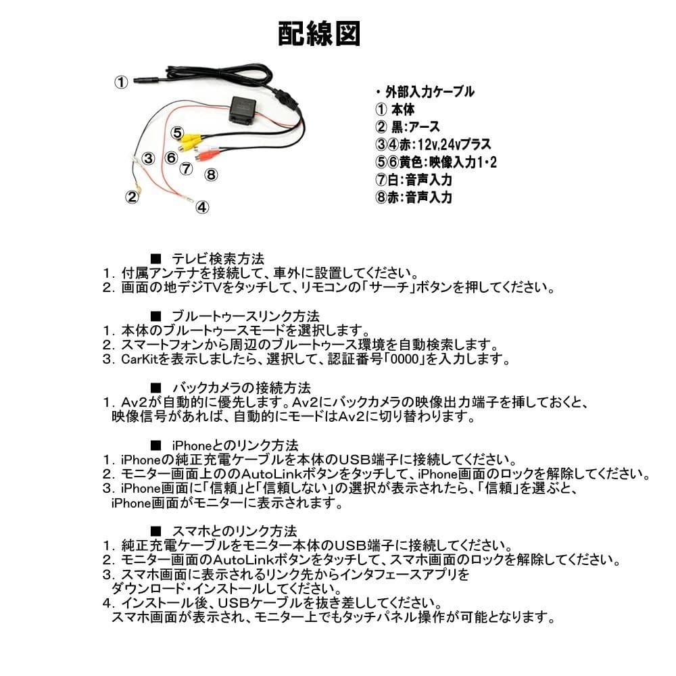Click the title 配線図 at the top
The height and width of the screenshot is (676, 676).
318,34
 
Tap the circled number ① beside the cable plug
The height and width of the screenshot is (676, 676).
120,82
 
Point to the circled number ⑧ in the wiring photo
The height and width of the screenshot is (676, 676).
212,174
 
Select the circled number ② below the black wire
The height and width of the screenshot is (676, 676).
131,197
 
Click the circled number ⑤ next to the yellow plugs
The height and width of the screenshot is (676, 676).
176,132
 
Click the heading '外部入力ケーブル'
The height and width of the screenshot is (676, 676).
429,92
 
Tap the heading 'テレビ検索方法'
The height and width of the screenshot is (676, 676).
216,258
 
